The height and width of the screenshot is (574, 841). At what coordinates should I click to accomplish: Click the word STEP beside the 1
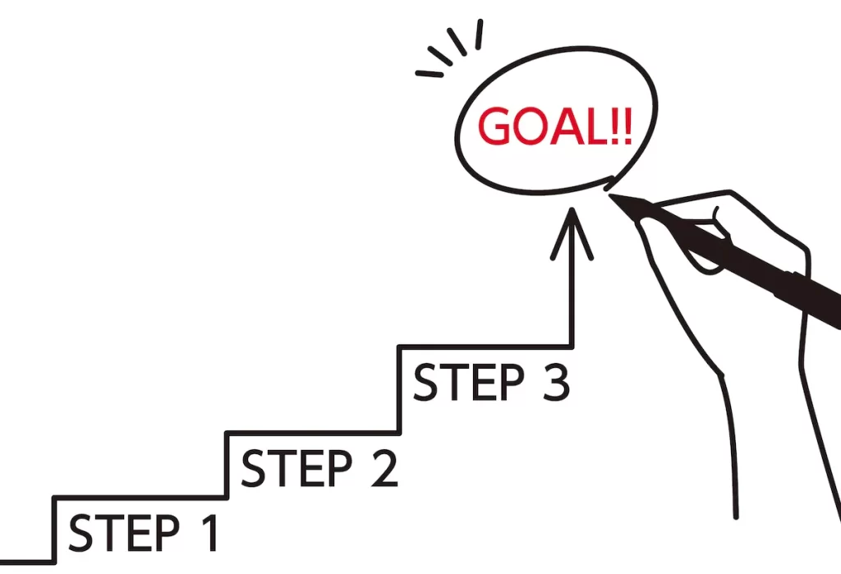pos(123,533)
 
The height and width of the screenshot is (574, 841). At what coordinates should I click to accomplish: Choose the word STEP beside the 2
pos(296,467)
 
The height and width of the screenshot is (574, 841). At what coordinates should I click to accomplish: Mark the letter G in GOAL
pos(495,127)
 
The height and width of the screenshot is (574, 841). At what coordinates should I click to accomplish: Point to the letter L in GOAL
pos(598,126)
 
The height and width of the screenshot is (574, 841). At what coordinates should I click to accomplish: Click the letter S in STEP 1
pos(80,533)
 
